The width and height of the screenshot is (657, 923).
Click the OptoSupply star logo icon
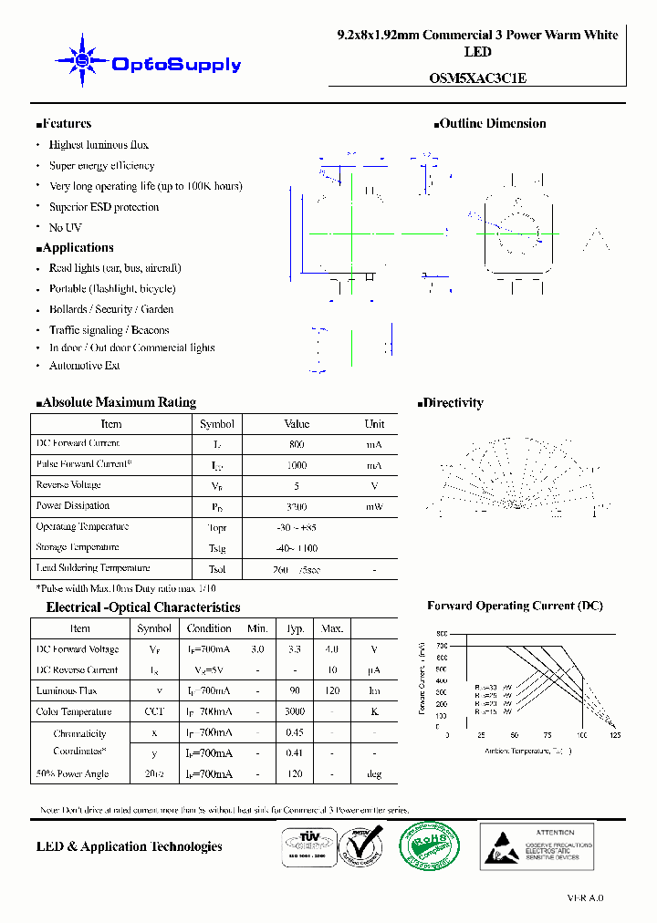pyautogui.click(x=82, y=60)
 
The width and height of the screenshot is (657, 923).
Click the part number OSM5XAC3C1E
pyautogui.click(x=477, y=78)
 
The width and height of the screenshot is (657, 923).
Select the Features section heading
pyautogui.click(x=64, y=124)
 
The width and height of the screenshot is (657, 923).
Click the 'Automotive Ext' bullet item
pyautogui.click(x=84, y=366)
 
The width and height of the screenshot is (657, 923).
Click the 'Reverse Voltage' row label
pyautogui.click(x=68, y=485)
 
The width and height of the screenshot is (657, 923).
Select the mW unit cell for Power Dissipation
pyautogui.click(x=374, y=506)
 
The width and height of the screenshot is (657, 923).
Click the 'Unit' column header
pyautogui.click(x=374, y=424)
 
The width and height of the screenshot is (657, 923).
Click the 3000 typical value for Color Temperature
pyautogui.click(x=295, y=711)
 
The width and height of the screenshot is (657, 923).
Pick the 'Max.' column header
pyautogui.click(x=332, y=628)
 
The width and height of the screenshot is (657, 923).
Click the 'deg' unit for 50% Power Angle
pyautogui.click(x=374, y=774)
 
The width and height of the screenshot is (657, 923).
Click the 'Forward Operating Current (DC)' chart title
pyautogui.click(x=515, y=606)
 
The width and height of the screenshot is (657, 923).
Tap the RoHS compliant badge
pyautogui.click(x=428, y=845)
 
